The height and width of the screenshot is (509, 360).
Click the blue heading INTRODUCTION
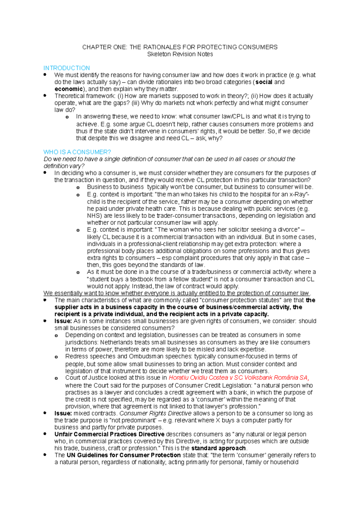point(67,68)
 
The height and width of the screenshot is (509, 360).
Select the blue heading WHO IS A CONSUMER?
point(77,152)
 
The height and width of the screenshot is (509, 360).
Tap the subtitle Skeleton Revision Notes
point(180,54)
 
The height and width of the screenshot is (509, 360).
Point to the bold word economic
point(68,89)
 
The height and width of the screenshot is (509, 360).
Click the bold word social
point(264,82)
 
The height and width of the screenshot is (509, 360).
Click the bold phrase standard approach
point(218,448)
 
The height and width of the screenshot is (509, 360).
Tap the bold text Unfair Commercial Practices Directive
point(109,434)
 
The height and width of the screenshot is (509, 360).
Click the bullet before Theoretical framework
point(45,96)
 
